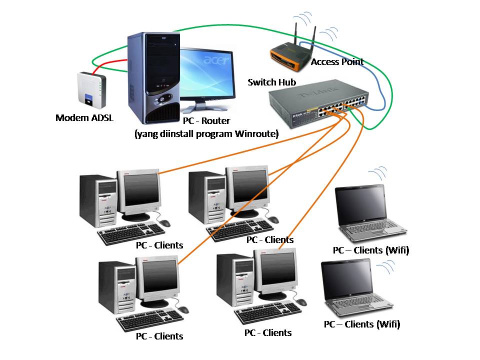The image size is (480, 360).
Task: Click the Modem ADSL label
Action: coord(84,118)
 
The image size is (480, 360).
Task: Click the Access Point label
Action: coord(337,62)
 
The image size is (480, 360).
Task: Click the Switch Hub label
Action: coord(272,82)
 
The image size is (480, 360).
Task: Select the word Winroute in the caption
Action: coord(256,133)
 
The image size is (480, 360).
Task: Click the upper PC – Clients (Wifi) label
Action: coord(370,250)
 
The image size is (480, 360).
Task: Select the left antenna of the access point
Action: coord(295,35)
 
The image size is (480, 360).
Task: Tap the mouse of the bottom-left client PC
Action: coord(183,309)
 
